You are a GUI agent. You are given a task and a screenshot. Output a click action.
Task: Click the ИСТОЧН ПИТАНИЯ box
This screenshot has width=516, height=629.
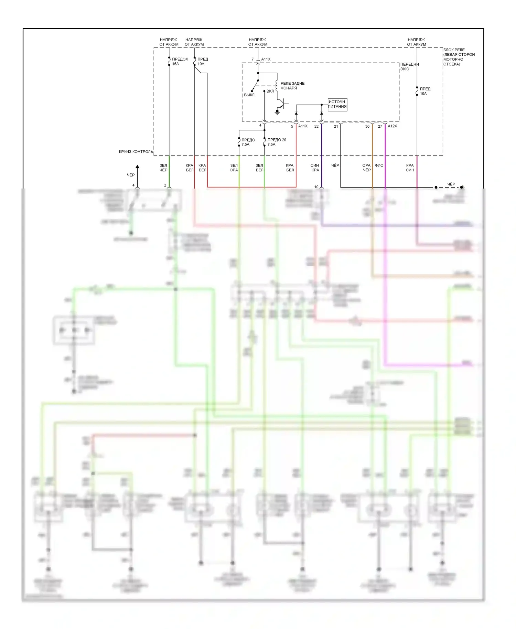[337, 104]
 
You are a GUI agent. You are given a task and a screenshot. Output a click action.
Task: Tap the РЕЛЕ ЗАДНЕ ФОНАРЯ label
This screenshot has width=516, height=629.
[292, 86]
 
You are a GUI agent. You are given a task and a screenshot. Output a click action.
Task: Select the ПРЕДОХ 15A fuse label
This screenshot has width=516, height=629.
[180, 61]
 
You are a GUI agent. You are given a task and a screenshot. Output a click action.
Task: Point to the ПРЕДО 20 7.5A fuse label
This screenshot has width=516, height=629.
[277, 142]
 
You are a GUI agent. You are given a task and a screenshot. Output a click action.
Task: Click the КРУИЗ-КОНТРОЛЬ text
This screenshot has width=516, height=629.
[136, 152]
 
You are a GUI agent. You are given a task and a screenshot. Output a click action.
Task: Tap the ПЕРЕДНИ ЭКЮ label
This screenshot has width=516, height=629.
[409, 66]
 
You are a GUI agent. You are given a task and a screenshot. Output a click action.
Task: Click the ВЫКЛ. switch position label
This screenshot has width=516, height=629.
[250, 95]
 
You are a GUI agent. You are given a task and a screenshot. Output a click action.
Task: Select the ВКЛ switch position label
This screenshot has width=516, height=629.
[270, 91]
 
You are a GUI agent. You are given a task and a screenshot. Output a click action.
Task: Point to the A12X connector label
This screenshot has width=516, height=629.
[392, 126]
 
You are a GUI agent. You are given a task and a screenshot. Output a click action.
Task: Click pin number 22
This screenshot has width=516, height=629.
[316, 126]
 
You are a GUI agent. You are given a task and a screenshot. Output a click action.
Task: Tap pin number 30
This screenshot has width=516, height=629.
[367, 126]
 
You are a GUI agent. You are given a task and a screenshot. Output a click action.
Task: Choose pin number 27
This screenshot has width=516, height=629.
[380, 126]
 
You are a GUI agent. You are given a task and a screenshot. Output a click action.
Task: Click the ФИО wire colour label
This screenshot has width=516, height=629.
[379, 166]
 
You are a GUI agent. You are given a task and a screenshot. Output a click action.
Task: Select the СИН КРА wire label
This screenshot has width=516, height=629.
[315, 168]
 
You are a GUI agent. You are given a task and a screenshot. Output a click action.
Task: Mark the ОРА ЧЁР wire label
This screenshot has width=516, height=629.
[366, 168]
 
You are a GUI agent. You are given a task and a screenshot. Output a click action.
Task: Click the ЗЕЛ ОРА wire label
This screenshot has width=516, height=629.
[234, 168]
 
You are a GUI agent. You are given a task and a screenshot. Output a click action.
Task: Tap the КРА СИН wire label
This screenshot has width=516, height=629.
[410, 168]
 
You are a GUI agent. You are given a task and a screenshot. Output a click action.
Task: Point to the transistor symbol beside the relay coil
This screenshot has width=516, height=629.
[283, 104]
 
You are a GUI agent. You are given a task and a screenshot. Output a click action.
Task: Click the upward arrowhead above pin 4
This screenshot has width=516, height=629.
[137, 168]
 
